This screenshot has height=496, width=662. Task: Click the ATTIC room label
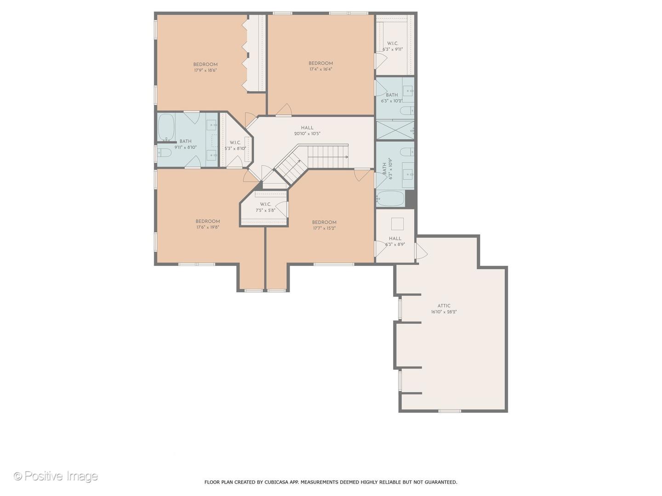[444, 306]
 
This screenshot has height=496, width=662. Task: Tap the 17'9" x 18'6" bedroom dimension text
[205, 70]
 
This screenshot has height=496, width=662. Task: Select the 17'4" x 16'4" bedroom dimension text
[320, 69]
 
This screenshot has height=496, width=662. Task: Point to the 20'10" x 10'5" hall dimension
[307, 134]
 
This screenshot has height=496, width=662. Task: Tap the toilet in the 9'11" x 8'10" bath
[164, 152]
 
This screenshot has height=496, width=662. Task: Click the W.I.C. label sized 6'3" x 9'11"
[393, 43]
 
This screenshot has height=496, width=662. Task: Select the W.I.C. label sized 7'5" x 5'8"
[265, 204]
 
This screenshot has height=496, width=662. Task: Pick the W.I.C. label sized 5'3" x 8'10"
[235, 142]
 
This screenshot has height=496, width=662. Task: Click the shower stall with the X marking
[395, 130]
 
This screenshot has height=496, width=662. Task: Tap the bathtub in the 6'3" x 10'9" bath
[390, 198]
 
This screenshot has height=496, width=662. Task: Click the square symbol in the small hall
[397, 224]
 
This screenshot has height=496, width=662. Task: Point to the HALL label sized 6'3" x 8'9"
[395, 238]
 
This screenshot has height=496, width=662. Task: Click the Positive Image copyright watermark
[56, 476]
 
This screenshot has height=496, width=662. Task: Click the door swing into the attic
[421, 251]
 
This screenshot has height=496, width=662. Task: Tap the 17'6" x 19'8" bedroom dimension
[207, 227]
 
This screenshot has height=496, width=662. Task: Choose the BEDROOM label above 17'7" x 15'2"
[324, 223]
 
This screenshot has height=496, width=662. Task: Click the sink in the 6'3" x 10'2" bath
[408, 90]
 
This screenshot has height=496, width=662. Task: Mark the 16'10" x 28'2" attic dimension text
[444, 312]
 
